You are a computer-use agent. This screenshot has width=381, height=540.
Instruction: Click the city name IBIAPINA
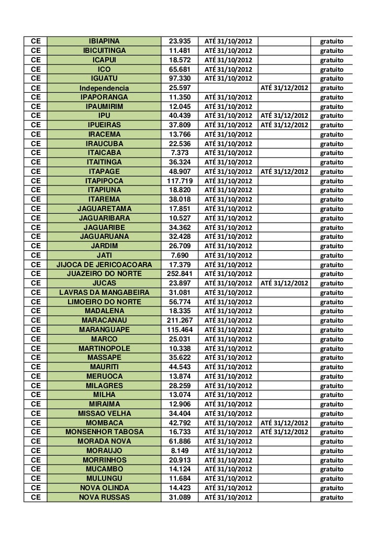point(104,41)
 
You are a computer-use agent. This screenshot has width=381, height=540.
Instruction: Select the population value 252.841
point(180,273)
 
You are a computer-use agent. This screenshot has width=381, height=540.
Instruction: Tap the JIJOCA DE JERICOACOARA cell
point(104,264)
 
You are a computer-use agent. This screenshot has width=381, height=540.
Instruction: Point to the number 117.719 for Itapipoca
point(180,181)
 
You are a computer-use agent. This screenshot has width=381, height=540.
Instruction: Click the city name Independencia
point(104,87)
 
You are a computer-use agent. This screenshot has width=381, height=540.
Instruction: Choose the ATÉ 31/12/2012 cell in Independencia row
point(284,87)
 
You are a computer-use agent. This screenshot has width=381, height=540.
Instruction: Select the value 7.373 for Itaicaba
point(180,153)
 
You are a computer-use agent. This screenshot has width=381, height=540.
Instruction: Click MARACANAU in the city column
point(104,320)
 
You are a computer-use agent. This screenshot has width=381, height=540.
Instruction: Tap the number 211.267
point(180,320)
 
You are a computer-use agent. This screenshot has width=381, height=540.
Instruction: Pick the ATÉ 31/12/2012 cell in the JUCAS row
point(284,283)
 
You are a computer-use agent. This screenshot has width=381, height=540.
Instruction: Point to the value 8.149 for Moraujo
point(180,450)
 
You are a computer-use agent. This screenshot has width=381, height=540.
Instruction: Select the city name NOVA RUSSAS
point(104,497)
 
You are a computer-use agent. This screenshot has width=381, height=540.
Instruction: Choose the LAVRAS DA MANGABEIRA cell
point(104,292)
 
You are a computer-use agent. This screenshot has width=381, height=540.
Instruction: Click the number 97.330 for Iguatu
point(180,78)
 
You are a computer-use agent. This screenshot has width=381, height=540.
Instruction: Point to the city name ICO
point(104,69)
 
